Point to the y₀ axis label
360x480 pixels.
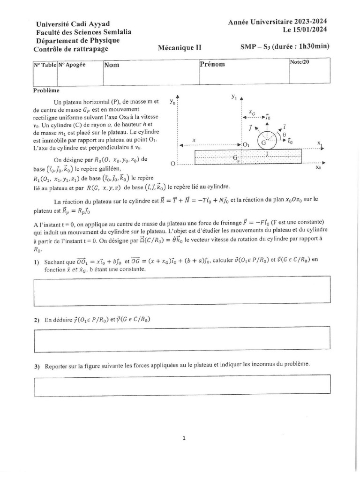coord(172,101)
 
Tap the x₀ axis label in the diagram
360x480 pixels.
coord(318,167)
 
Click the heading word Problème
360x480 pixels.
coord(46,90)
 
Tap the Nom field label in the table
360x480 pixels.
coord(112,65)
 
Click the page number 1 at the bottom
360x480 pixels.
coord(184,438)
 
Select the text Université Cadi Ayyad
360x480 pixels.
coord(69,24)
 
